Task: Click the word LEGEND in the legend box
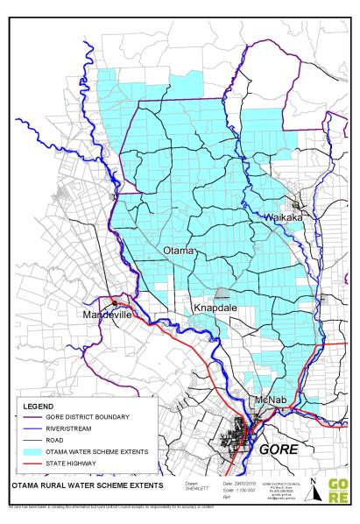click(x=40, y=407)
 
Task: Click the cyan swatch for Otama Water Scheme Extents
click(x=36, y=451)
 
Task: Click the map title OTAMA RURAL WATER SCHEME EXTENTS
click(x=77, y=484)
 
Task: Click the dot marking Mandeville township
click(x=115, y=302)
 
